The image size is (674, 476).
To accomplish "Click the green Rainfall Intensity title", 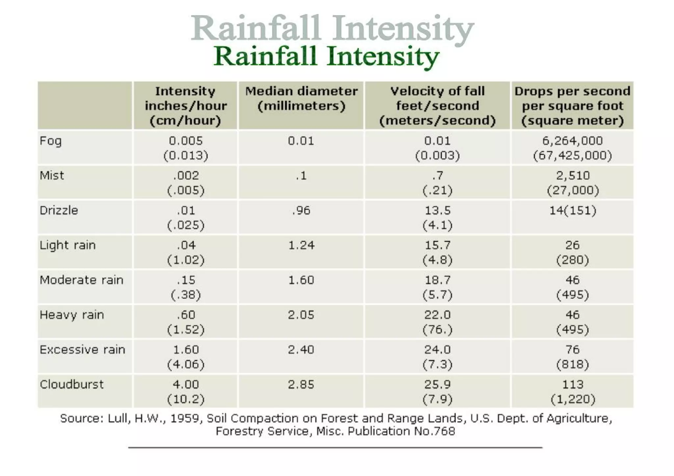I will click(326, 57).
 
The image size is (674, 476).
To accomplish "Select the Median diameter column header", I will click(301, 98).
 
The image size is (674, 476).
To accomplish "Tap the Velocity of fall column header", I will click(437, 106).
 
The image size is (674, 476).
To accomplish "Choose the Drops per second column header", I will click(572, 106).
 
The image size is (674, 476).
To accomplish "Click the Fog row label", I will click(51, 141).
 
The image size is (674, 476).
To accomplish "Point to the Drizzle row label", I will click(59, 211).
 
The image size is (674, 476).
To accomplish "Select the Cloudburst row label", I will click(71, 385).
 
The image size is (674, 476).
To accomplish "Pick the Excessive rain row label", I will click(82, 350).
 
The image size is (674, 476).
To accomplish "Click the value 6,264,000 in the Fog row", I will click(572, 141).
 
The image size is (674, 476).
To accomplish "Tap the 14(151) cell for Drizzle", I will click(573, 211).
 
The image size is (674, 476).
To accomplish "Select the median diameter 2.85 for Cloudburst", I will click(301, 385).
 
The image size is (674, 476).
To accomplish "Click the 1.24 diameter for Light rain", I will click(301, 245).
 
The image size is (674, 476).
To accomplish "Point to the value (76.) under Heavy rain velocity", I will click(437, 330).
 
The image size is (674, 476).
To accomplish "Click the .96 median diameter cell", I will click(301, 211).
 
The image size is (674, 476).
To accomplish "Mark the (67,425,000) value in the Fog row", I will click(572, 156).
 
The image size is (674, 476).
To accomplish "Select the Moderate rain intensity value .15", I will click(186, 280).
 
